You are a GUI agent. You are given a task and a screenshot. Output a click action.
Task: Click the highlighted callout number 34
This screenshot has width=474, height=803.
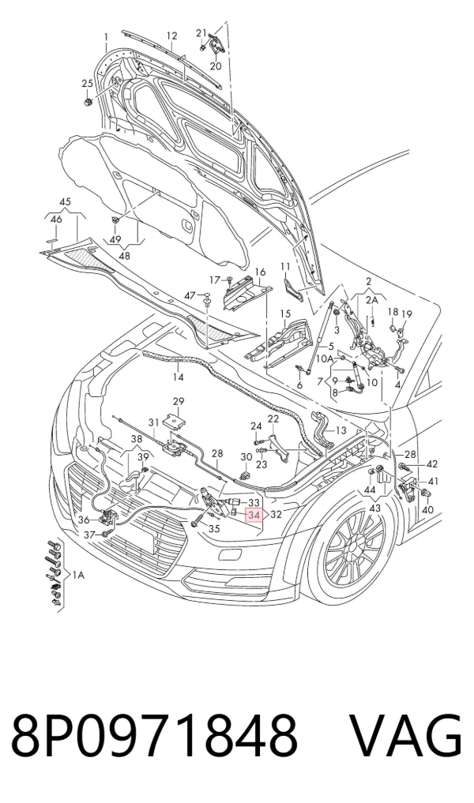pos(254,515)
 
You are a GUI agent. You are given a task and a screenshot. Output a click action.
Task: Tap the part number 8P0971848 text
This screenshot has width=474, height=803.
pos(154,737)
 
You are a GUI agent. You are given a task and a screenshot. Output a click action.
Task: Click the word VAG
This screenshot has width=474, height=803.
pos(406,737)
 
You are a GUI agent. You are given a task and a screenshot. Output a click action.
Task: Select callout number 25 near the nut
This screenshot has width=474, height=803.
pos(87,84)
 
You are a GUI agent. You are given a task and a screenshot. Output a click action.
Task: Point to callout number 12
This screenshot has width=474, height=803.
pos(171,36)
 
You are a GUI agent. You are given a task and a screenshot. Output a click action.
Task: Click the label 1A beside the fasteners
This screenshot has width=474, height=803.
pos(78,576)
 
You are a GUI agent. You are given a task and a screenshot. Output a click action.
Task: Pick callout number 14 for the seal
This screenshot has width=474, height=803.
pos(177,377)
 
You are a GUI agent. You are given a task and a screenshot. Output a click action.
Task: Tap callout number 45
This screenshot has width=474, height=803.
pos(65,202)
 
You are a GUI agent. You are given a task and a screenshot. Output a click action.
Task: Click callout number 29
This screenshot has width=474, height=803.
pos(178,401)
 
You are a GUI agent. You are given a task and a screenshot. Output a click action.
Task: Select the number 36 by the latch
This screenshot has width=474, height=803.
pos(85,520)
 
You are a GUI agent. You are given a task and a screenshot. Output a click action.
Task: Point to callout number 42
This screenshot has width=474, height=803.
pos(432,464)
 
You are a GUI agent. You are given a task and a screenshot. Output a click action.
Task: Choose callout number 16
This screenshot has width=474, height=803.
pos(260,272)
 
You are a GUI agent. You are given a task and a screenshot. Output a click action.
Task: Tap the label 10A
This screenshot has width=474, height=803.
pos(324,358)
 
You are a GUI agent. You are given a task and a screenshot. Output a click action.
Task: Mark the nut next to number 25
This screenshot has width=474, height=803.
pos(88,102)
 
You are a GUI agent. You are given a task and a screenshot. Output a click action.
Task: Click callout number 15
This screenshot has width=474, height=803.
pos(285,313)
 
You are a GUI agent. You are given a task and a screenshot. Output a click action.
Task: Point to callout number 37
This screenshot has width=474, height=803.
pos(90,535)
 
